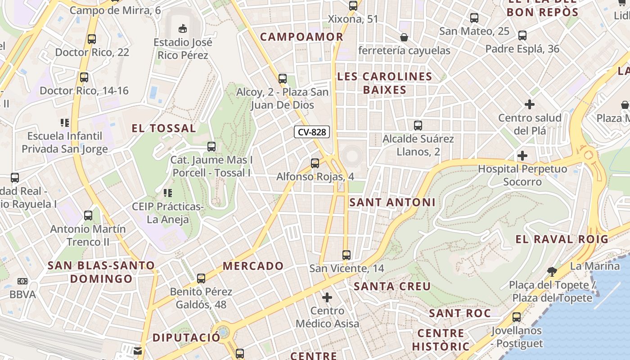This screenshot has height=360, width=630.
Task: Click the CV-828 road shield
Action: coord(312,132)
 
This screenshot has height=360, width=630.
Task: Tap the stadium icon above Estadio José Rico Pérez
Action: coord(183,29)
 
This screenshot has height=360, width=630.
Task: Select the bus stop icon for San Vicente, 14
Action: coord(346,255)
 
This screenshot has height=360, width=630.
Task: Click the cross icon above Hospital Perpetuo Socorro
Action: coord(522,156)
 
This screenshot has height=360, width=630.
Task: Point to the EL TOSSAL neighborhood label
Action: coord(164,128)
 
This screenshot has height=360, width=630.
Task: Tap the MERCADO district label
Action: coord(253,266)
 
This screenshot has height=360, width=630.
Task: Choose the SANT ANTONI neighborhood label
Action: coord(392,202)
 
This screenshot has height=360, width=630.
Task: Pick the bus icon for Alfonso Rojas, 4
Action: coord(315,163)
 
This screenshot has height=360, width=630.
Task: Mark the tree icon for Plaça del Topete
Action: coord(552,271)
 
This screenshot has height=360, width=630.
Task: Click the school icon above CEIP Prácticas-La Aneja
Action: coord(168,193)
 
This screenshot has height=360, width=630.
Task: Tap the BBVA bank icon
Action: coord(22,281)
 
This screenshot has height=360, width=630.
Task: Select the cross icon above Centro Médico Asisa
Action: coord(327,297)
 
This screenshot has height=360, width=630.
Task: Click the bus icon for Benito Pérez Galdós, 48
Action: coord(201,278)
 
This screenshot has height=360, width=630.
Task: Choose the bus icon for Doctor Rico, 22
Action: coord(92,39)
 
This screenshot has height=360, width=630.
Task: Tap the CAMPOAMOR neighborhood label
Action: coord(301,37)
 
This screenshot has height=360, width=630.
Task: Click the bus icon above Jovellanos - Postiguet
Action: coord(516,317)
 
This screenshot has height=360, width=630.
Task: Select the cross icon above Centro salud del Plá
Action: coord(530,104)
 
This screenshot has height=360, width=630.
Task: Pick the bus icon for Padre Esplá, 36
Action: coord(522,35)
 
